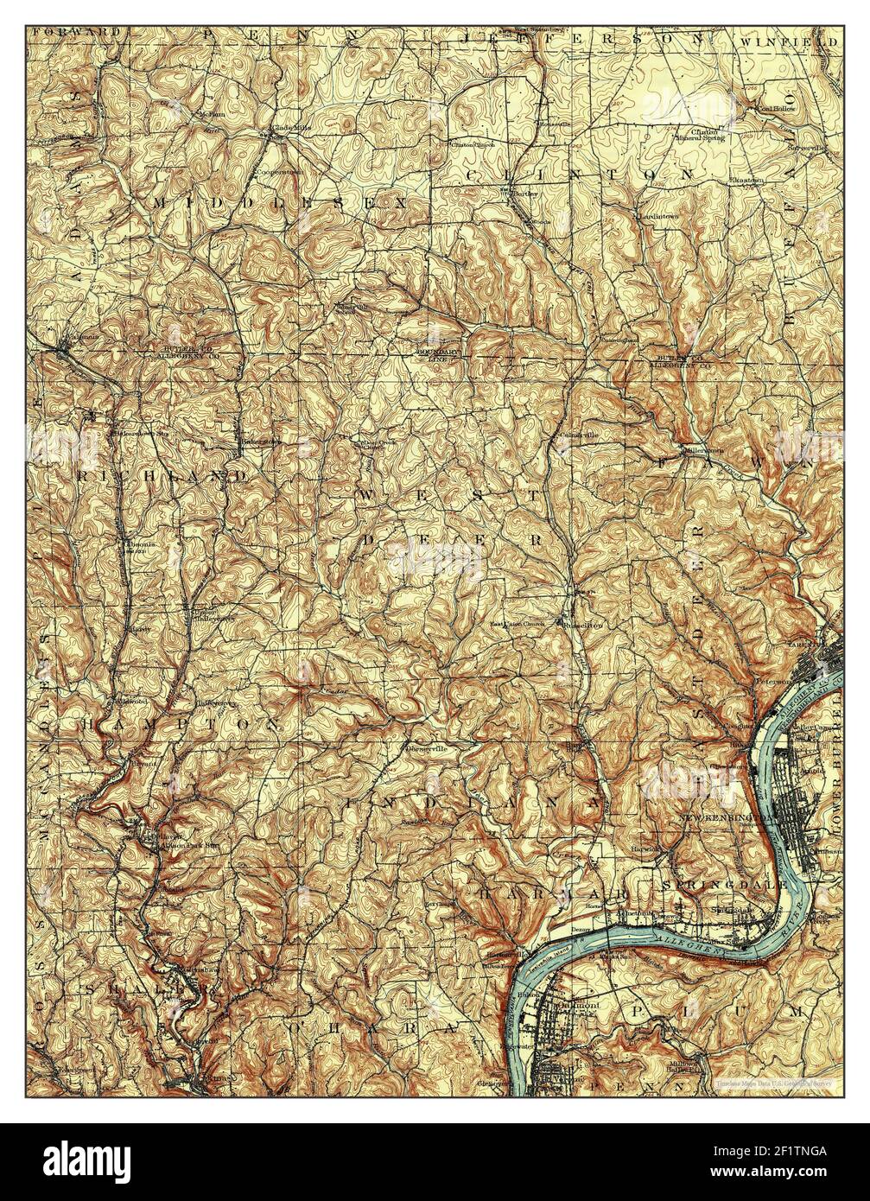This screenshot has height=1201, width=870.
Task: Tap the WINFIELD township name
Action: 788,41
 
